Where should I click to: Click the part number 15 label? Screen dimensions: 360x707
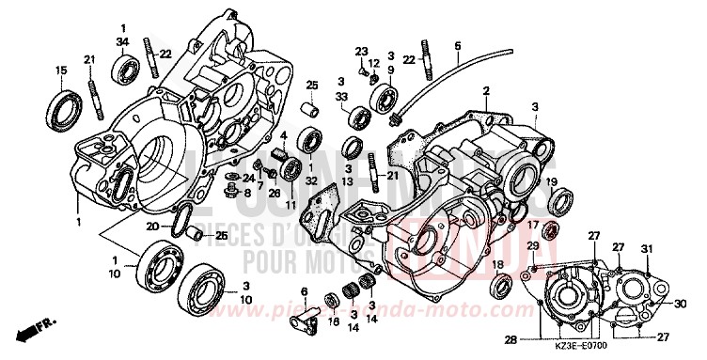(x=61, y=71)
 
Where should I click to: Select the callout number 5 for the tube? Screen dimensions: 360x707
(x=458, y=45)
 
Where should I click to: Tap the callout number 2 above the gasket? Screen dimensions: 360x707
(x=486, y=91)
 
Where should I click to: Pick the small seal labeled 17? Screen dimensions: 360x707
(x=552, y=230)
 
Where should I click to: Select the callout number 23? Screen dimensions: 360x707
(x=361, y=50)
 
